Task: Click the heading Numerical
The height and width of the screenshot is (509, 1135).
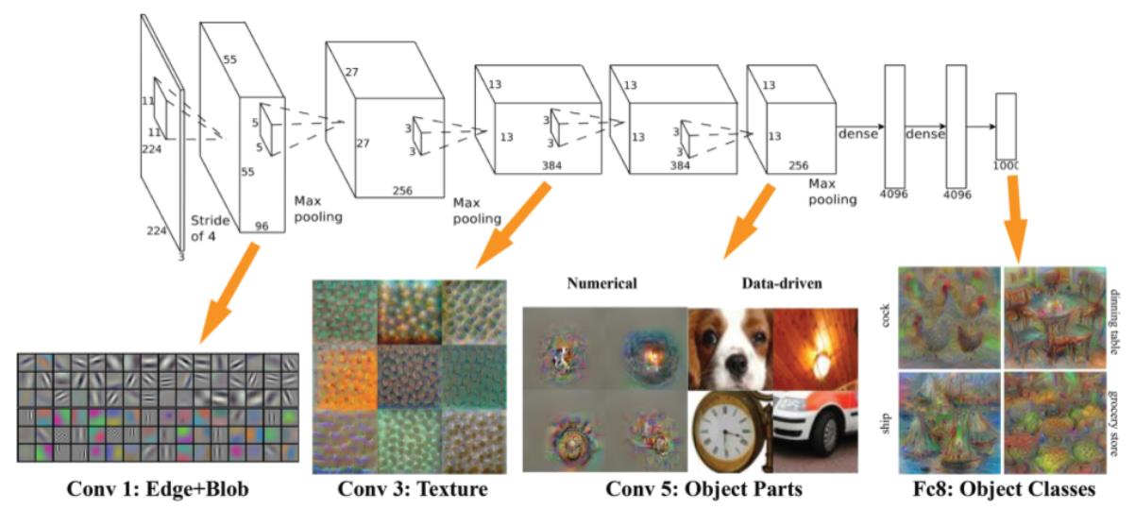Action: click(601, 283)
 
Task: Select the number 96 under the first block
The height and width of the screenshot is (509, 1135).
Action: click(263, 227)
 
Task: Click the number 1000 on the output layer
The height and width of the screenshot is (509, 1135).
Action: click(1008, 166)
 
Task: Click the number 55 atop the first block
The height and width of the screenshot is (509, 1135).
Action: click(229, 59)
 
